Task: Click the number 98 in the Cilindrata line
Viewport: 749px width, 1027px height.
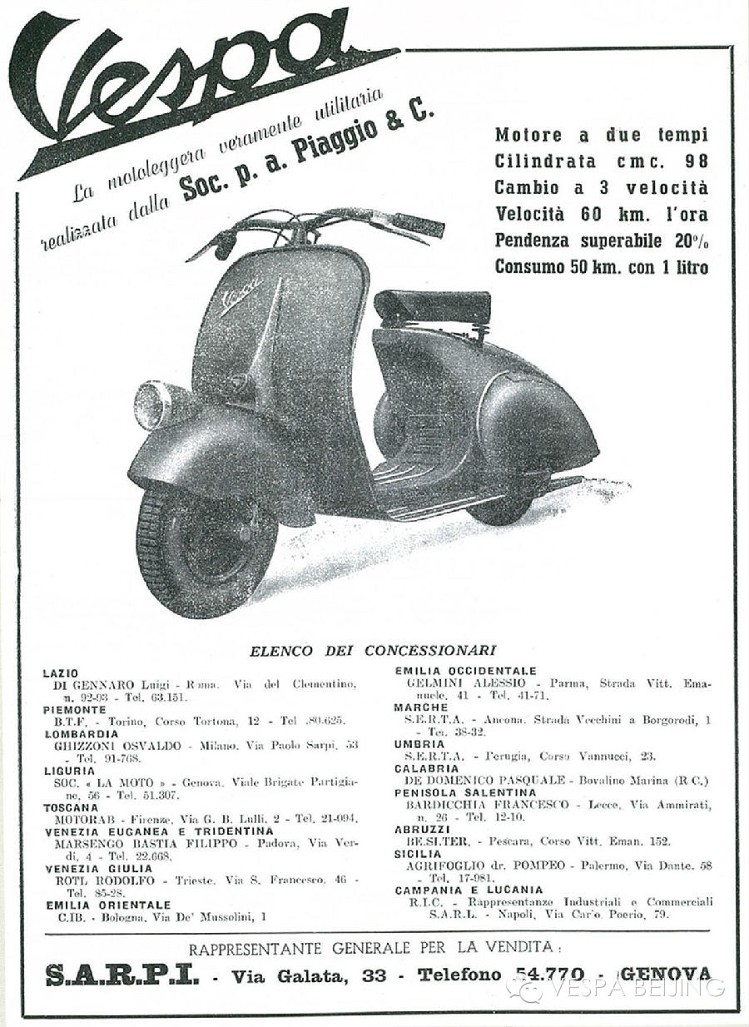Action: click(695, 161)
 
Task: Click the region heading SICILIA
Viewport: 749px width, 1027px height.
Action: click(418, 854)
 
